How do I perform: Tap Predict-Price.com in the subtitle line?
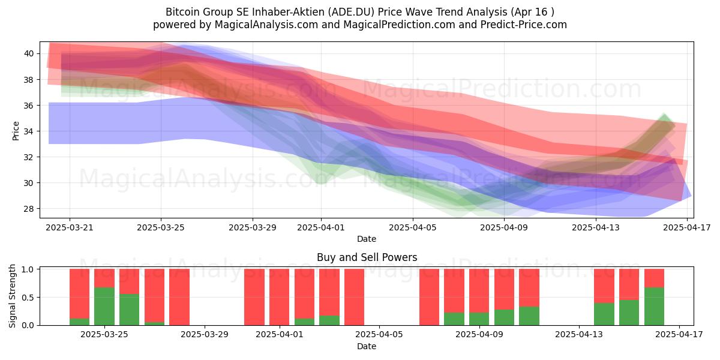(524, 25)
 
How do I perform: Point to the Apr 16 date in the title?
(530, 12)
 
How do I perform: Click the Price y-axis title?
(16, 131)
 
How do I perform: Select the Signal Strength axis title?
(12, 296)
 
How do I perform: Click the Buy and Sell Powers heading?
(367, 257)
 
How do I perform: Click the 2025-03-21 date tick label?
(70, 227)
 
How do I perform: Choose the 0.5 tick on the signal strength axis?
(28, 298)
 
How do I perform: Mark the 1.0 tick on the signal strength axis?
(28, 269)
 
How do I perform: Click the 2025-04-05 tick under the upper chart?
(413, 227)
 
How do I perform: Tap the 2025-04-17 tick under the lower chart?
(679, 335)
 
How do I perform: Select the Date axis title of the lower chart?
(367, 346)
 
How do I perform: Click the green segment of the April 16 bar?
(654, 307)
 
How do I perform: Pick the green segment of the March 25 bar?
(104, 307)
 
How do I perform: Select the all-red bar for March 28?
(179, 297)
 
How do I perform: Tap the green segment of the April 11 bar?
(529, 316)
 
